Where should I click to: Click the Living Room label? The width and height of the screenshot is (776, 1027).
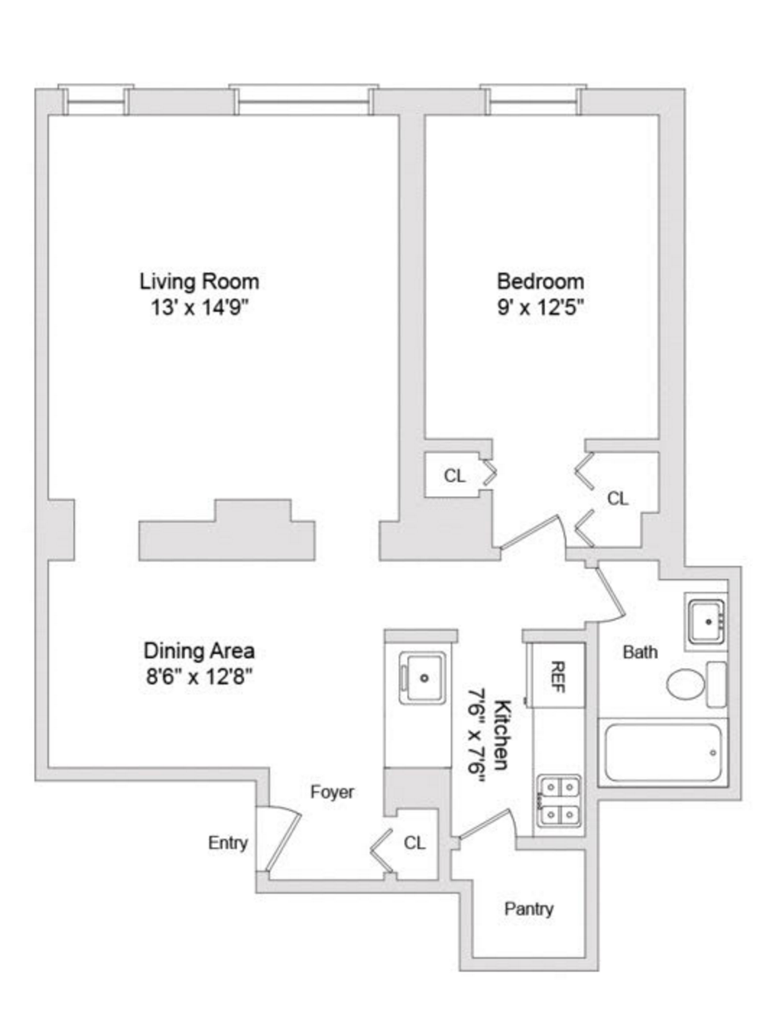tap(199, 282)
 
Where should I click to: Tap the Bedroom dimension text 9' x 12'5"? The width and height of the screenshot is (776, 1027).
tap(540, 308)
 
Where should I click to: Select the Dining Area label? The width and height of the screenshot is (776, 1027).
tap(199, 651)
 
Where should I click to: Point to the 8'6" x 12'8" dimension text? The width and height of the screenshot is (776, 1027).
tap(199, 677)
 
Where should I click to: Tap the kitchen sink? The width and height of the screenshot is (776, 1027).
tap(421, 677)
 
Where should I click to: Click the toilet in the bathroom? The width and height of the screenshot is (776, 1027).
tap(696, 684)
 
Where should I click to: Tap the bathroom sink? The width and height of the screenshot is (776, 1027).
tap(706, 622)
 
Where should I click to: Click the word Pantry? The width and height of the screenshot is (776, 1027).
tap(528, 909)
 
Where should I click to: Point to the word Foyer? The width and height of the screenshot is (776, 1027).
tap(332, 792)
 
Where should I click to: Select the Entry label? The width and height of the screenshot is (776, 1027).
tap(228, 843)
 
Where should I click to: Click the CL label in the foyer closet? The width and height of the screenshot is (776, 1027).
tap(415, 843)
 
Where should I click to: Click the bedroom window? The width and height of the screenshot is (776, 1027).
tap(533, 101)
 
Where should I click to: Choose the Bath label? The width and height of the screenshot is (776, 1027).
tap(640, 651)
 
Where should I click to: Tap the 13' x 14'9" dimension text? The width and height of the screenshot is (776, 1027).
tap(199, 308)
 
